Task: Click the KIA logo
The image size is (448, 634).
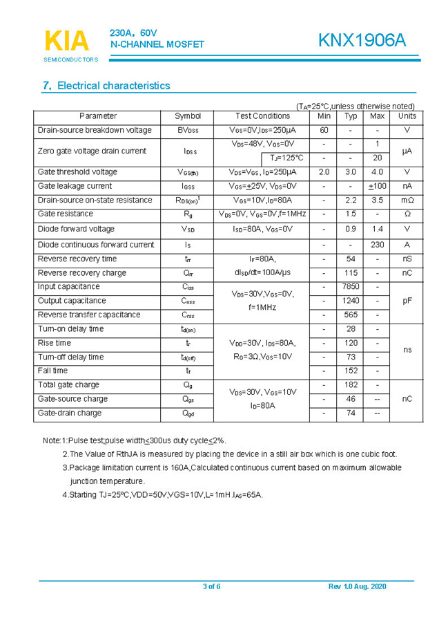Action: pos(68,42)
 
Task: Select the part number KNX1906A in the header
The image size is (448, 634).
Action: pos(362,41)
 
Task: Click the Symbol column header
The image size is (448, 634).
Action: pos(187,116)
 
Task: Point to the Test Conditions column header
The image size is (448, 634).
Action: pos(262,116)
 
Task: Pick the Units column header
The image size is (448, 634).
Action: pos(407,116)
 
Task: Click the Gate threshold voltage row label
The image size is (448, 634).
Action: pos(77,172)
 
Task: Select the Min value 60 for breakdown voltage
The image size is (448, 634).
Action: pos(324,130)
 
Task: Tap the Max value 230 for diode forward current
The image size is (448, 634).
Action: pos(377,245)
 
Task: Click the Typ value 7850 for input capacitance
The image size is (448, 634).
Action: pos(351,287)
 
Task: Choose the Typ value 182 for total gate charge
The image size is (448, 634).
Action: pos(351,385)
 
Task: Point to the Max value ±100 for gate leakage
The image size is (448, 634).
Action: pos(377,187)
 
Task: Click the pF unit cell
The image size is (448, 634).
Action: pos(407,301)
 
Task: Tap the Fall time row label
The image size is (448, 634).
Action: pos(53,371)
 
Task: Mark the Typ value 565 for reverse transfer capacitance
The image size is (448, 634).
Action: pos(351,315)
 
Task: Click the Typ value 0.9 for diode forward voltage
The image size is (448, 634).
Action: pos(351,229)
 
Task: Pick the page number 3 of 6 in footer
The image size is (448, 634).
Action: pos(212,587)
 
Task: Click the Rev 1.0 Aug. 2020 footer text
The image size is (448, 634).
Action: pos(357,587)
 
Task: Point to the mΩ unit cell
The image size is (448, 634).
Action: pos(407,201)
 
